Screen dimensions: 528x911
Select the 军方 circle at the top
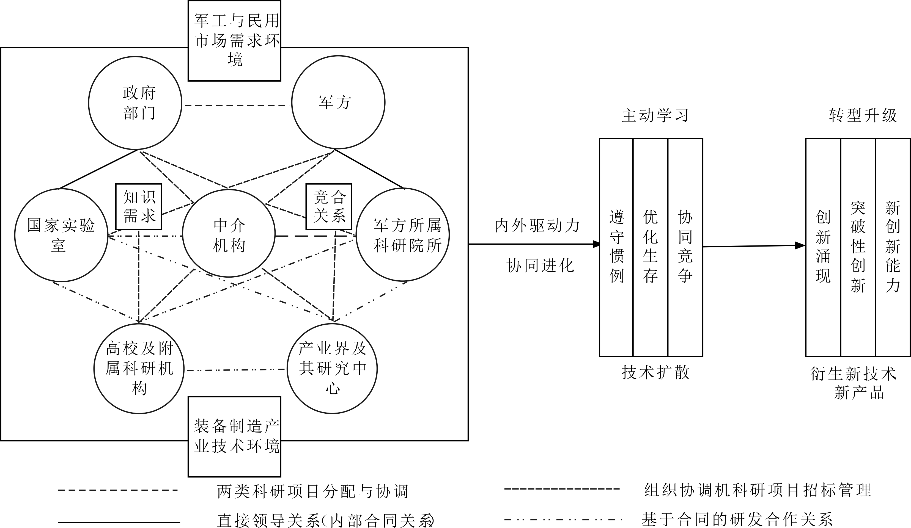pyautogui.click(x=338, y=102)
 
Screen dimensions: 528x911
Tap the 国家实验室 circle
pyautogui.click(x=61, y=235)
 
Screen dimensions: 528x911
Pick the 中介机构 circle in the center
pyautogui.click(x=229, y=234)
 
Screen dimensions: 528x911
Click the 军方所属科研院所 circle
pyautogui.click(x=402, y=235)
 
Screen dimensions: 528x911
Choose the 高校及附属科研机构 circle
pyautogui.click(x=139, y=368)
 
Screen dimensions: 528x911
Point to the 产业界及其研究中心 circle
pyautogui.click(x=332, y=368)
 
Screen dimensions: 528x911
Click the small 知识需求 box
pyautogui.click(x=138, y=207)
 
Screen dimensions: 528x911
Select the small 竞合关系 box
pyautogui.click(x=329, y=207)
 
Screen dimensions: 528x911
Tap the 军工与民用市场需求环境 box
pyautogui.click(x=234, y=40)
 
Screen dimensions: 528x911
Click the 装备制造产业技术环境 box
pyautogui.click(x=234, y=436)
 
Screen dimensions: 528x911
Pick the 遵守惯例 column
pyautogui.click(x=616, y=247)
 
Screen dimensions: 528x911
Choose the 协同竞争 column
pyautogui.click(x=685, y=247)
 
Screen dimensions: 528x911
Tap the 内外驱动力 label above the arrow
pyautogui.click(x=537, y=226)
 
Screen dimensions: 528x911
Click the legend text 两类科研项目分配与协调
pyautogui.click(x=313, y=491)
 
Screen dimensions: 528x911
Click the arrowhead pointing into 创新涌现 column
pyautogui.click(x=800, y=246)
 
